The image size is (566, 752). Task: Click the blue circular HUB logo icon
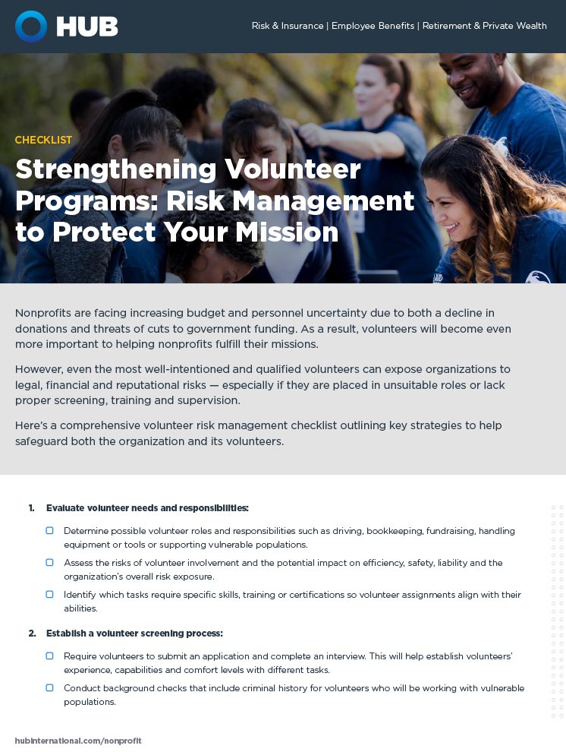[x=31, y=27]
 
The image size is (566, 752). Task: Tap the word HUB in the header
[x=87, y=27]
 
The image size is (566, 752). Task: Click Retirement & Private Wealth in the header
[x=484, y=26]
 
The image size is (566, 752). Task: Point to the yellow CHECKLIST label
[x=43, y=140]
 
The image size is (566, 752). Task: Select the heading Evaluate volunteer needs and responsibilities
[x=147, y=507]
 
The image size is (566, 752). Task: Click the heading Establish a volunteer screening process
[x=134, y=634]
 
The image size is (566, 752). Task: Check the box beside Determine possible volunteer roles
[x=50, y=530]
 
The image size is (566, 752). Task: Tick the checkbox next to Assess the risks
[x=50, y=562]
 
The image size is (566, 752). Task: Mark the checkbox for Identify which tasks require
[x=50, y=594]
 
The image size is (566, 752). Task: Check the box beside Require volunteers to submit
[x=50, y=656]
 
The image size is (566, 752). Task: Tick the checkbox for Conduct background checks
[x=50, y=687]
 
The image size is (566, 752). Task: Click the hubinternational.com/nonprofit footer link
[x=78, y=741]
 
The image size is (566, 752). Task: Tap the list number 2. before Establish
[x=33, y=634]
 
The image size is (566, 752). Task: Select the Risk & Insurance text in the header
[x=288, y=26]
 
